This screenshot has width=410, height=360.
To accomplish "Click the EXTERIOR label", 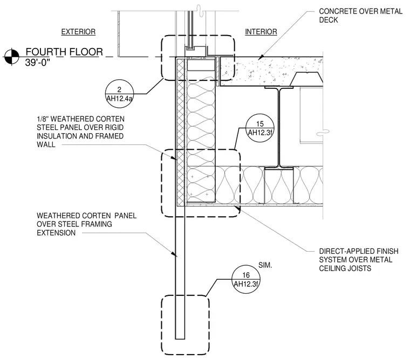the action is [x=78, y=32].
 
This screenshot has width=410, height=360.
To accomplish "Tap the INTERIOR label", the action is [x=261, y=32].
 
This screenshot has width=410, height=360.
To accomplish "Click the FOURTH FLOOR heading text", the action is [x=64, y=52].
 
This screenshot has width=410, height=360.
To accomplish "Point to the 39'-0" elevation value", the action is [x=38, y=63].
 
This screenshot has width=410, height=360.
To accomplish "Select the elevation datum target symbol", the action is [x=11, y=57].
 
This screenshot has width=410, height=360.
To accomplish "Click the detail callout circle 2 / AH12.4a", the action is [x=119, y=94].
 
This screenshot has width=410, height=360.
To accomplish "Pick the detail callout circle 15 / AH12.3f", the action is [x=260, y=128].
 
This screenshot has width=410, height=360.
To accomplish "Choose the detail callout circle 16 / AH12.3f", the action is [x=246, y=279].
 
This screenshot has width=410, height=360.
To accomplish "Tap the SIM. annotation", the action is [x=265, y=266].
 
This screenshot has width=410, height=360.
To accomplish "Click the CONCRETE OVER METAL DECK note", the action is [x=360, y=16].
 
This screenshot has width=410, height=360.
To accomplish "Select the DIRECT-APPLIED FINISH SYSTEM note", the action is [x=359, y=260].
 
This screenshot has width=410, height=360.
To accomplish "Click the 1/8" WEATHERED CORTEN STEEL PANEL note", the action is [x=80, y=131].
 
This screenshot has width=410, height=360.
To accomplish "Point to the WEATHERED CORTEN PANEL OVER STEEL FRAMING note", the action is [x=86, y=224].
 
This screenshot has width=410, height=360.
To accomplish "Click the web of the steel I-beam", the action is [x=279, y=128].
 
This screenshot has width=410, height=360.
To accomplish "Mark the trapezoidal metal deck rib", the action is [x=306, y=79].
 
